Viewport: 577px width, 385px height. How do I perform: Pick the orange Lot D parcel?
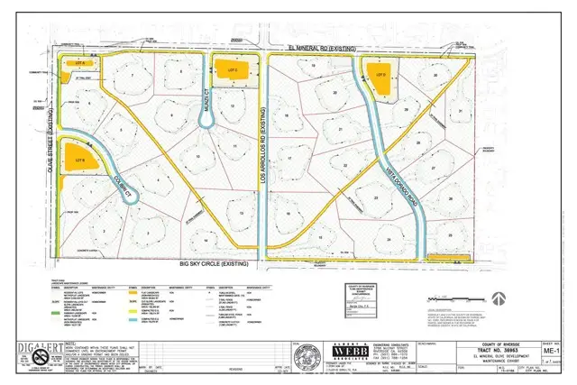382,77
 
